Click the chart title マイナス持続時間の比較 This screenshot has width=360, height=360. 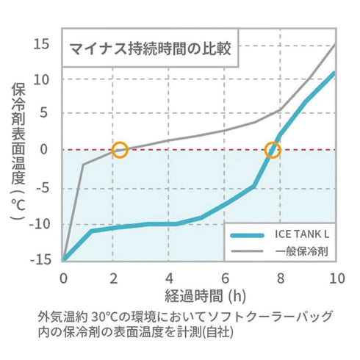(150, 50)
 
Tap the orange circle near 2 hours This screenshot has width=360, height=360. (120, 150)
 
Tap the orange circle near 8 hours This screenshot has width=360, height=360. (273, 150)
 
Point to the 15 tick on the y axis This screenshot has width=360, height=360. (41, 44)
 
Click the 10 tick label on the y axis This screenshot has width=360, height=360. (41, 79)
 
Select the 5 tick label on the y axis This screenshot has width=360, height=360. (45, 115)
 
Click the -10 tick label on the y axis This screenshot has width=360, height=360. (40, 223)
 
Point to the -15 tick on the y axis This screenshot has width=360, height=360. (40, 258)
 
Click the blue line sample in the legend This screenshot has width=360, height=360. (248, 236)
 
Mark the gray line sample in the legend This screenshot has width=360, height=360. (248, 251)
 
